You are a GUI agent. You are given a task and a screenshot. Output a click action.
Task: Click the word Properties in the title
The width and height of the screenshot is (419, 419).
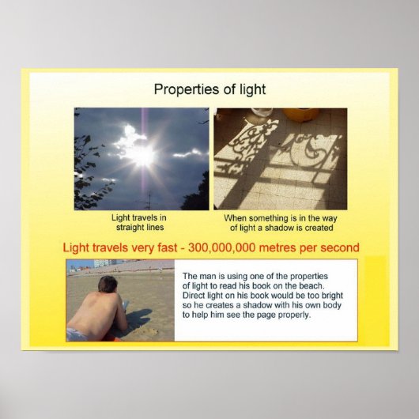click(x=184, y=89)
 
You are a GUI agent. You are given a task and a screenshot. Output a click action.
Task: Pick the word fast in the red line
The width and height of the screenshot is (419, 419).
click(x=177, y=247)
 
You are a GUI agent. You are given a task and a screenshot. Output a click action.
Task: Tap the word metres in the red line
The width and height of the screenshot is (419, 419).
click(x=296, y=247)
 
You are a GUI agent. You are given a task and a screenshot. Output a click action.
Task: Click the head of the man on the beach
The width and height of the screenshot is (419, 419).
click(x=108, y=284)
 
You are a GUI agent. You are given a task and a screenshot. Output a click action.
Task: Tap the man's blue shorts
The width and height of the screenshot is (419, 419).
click(x=77, y=334)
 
